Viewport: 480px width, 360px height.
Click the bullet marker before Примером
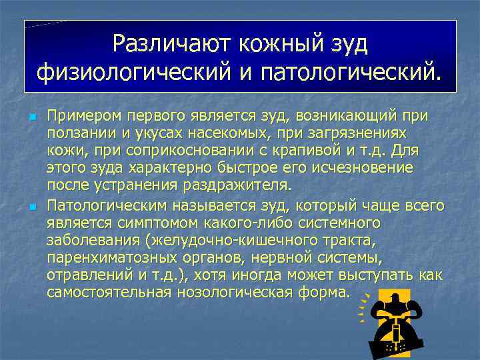31,118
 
